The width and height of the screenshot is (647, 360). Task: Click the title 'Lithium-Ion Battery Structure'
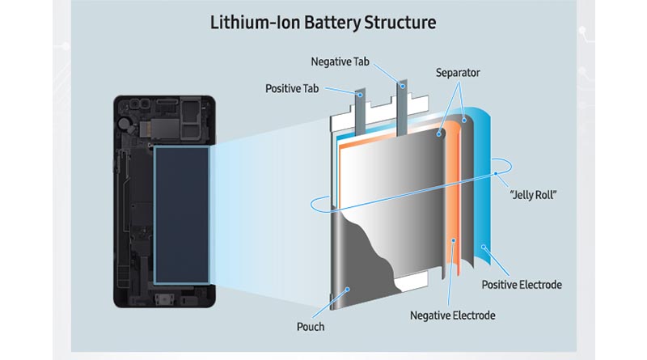(323, 23)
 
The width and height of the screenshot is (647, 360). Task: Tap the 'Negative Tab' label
(340, 62)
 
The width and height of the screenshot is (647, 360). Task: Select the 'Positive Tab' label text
(292, 89)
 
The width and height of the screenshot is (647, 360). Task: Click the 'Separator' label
(458, 73)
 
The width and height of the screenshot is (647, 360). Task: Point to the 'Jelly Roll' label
(533, 195)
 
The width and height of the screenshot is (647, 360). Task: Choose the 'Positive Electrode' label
(522, 285)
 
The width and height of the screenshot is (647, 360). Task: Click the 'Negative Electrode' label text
(453, 316)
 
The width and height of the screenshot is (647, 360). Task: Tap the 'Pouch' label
(311, 327)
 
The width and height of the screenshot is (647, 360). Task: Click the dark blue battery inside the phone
(181, 215)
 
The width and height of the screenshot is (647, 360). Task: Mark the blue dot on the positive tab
(360, 95)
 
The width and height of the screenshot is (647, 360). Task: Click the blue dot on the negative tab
(402, 87)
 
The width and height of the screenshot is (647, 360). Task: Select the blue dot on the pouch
(348, 290)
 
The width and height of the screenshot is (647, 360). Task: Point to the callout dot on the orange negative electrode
(453, 239)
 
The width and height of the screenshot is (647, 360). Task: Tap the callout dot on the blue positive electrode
(483, 247)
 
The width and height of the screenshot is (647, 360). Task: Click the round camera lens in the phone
(124, 123)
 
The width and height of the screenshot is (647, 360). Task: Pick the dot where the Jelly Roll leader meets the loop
(496, 173)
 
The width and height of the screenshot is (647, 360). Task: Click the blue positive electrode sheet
(480, 186)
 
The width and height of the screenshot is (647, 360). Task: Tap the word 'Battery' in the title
(332, 23)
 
